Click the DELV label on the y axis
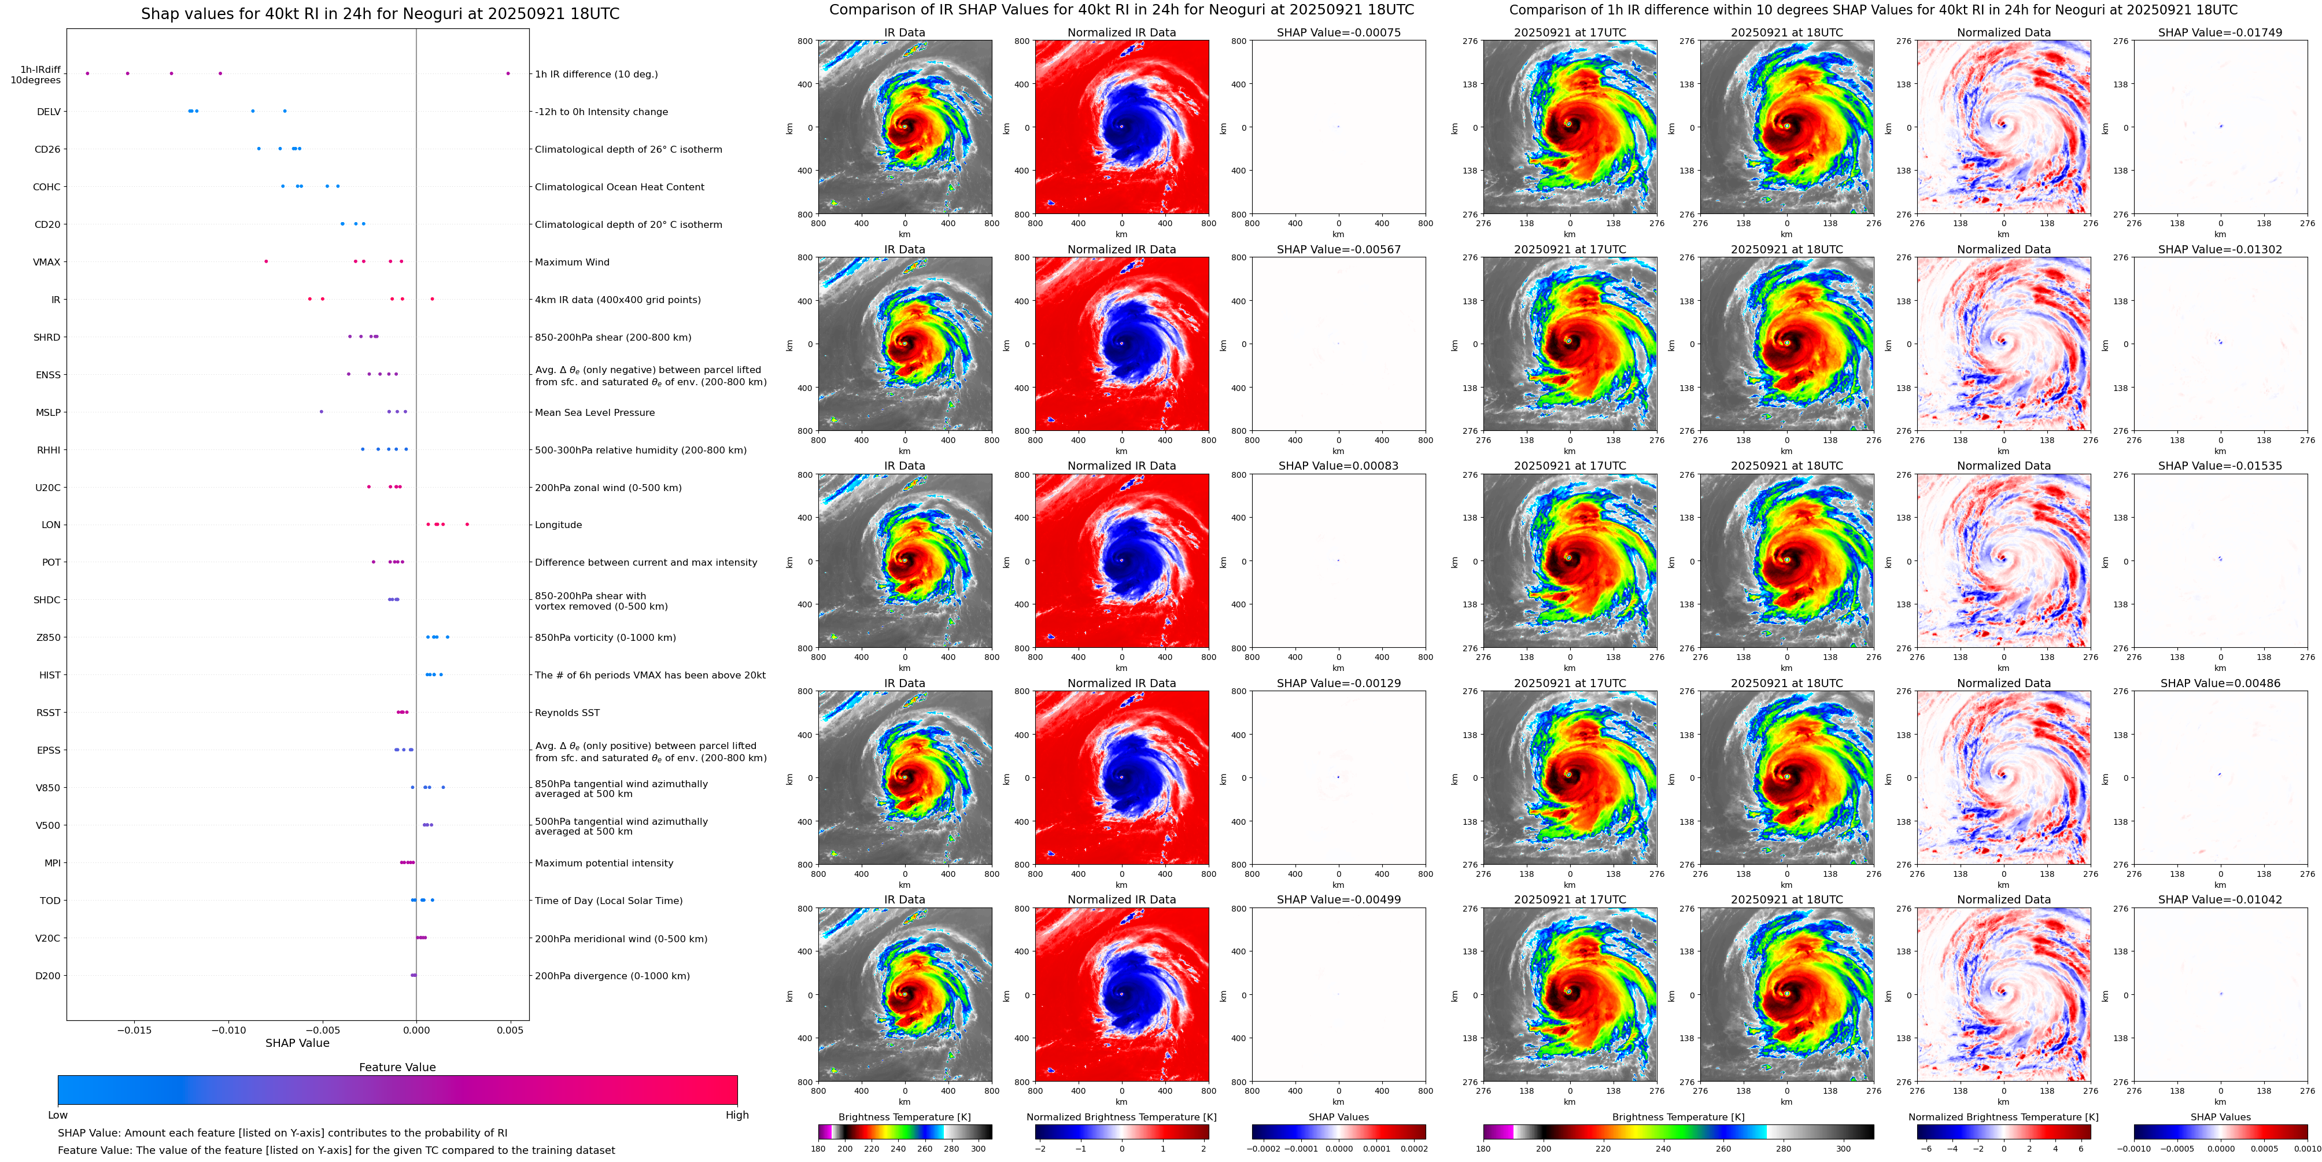(x=49, y=112)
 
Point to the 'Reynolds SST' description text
(x=567, y=713)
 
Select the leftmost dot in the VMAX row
(x=266, y=261)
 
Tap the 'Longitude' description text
(x=558, y=525)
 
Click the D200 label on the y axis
(x=48, y=975)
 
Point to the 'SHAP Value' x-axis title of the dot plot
(x=297, y=1043)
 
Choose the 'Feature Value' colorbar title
(x=397, y=1067)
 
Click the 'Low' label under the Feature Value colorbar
(x=58, y=1115)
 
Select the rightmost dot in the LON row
(x=467, y=524)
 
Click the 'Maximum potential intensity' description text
(x=604, y=864)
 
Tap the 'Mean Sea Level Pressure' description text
(x=595, y=413)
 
